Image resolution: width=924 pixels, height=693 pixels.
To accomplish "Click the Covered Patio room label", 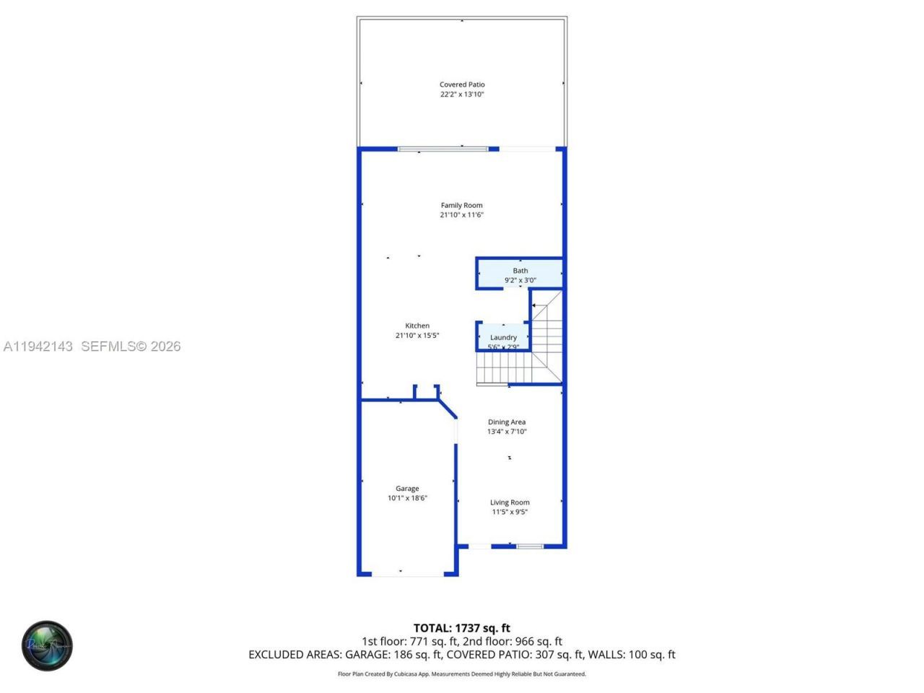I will point(462,84).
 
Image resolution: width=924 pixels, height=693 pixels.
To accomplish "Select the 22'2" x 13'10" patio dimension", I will point(462,95).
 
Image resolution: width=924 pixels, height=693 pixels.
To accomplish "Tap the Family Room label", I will point(461,205).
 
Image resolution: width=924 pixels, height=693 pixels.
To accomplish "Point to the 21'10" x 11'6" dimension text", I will point(461,215).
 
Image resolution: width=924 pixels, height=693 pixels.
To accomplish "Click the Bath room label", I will point(520,271).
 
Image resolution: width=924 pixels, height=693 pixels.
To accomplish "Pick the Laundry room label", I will point(503,337).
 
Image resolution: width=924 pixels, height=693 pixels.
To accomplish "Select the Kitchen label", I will point(417,326).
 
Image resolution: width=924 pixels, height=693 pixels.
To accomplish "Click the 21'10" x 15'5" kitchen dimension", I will point(417,336).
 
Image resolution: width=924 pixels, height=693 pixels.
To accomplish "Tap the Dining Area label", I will point(507,422).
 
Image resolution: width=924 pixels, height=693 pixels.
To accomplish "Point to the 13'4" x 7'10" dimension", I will point(507,432).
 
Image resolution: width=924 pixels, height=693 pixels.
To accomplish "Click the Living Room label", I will point(510,502).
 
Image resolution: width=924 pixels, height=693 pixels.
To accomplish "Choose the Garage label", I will point(407,489).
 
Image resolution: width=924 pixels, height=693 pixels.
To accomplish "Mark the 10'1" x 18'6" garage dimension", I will point(407,498).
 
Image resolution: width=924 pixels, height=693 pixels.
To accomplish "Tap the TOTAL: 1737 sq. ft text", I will point(461,628).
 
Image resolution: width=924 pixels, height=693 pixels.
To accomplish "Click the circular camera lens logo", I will point(47,645).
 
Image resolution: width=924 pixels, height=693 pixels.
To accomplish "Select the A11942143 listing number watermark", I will point(38,346).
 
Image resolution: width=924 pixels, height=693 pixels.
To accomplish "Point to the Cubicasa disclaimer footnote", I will point(461,674).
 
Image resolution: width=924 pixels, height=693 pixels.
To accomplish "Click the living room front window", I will point(529,546).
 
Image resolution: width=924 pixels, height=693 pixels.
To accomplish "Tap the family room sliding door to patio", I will point(443,149).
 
